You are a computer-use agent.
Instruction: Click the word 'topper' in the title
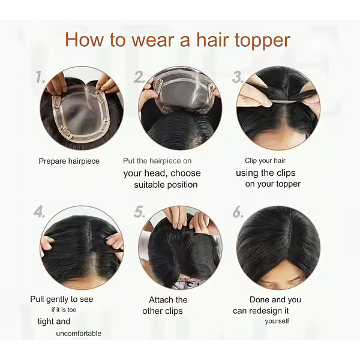click(262, 41)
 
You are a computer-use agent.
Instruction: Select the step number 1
click(40, 77)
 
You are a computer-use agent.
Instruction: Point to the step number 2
click(139, 77)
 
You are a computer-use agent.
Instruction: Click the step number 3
click(237, 77)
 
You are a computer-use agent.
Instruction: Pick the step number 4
click(39, 212)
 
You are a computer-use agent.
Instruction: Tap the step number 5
click(139, 212)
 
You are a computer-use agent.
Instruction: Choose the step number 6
click(238, 212)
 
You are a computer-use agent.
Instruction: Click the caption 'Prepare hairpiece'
click(69, 161)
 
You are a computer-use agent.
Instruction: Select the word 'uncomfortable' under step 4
click(79, 334)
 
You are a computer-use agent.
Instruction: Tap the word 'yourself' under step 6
click(277, 321)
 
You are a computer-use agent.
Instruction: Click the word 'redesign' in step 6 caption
click(266, 311)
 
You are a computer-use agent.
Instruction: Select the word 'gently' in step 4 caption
click(58, 299)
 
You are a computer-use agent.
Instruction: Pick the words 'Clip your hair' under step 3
click(265, 161)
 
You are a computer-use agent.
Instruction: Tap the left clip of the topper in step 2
click(158, 83)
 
